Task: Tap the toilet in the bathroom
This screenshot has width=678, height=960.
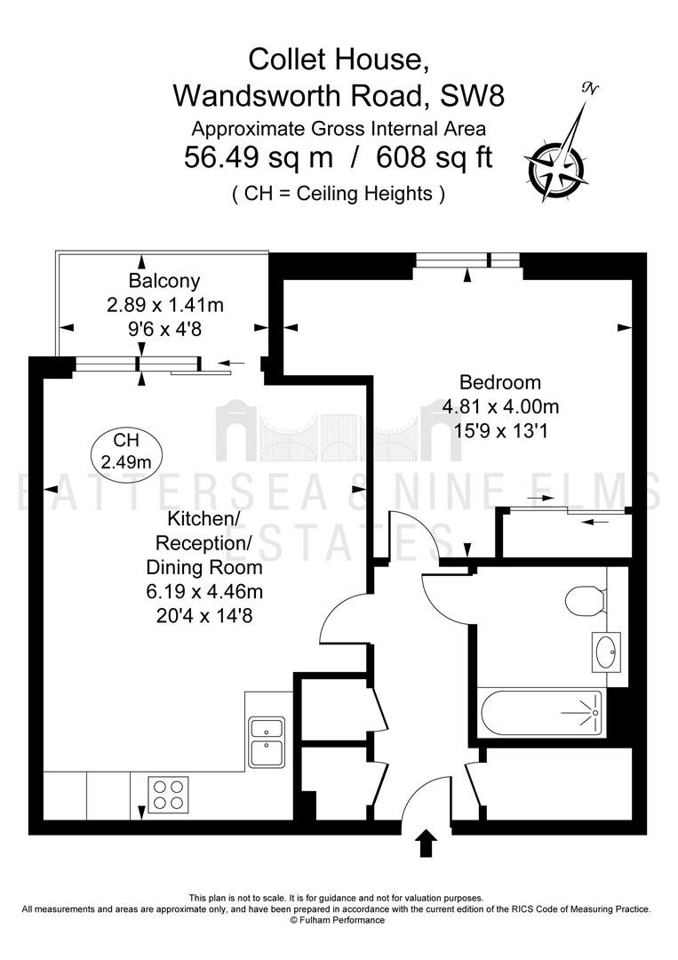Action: click(586, 600)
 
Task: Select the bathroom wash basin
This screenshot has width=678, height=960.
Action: click(606, 652)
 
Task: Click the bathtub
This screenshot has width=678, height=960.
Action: click(541, 713)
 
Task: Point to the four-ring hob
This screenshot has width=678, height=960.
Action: click(168, 794)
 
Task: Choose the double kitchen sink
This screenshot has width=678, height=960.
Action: click(267, 742)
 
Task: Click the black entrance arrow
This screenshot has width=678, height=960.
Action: click(426, 844)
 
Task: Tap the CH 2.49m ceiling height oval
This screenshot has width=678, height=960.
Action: click(126, 452)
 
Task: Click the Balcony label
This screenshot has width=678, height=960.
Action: click(164, 281)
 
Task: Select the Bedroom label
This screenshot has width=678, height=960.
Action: click(500, 382)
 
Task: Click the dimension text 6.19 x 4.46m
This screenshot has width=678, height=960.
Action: click(204, 591)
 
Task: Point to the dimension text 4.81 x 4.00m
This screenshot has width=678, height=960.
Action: click(500, 406)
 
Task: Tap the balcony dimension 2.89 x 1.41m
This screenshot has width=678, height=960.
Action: click(165, 305)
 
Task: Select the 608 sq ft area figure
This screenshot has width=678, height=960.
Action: click(434, 158)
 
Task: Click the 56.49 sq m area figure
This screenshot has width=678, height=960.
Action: click(259, 158)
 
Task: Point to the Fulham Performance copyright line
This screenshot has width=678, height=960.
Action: click(338, 920)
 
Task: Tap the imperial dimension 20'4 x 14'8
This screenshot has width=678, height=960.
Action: click(204, 615)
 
